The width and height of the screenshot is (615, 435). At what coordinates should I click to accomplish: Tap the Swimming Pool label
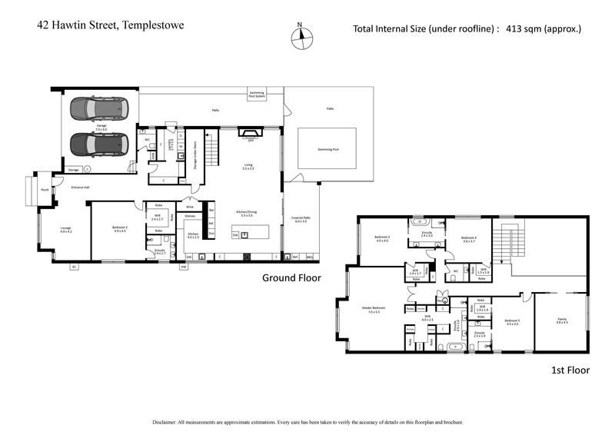coord(327,150)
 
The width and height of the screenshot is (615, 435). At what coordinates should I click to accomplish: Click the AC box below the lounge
coord(75,267)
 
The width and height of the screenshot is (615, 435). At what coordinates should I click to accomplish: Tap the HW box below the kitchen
coord(184,267)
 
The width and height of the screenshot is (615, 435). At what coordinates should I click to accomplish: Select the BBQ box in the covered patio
coord(310,256)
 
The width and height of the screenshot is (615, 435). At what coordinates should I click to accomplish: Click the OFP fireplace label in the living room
coord(251,140)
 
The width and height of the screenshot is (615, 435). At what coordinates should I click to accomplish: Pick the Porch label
coord(45,189)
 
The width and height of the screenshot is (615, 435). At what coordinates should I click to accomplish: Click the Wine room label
coord(189,207)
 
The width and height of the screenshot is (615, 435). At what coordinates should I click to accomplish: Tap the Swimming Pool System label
coord(256,95)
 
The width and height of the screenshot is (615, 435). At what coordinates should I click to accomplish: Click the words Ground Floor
coord(291,277)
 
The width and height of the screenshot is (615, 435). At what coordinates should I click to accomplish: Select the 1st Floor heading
coord(570,370)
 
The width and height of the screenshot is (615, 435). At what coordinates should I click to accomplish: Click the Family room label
coord(562,320)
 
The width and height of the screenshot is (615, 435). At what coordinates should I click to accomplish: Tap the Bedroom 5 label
coord(511,320)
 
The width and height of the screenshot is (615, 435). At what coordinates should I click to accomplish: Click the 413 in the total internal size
coord(515,29)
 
